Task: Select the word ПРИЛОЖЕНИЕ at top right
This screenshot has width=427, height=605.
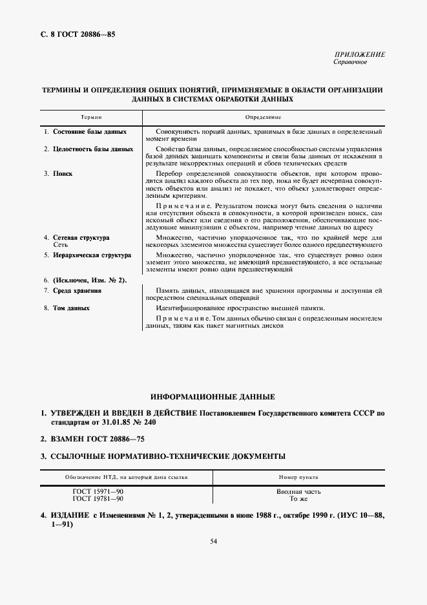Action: tap(360, 55)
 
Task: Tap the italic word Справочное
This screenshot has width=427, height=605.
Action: tap(350, 63)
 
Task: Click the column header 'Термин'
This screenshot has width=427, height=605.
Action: tap(91, 118)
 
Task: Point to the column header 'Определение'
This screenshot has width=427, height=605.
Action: tap(263, 118)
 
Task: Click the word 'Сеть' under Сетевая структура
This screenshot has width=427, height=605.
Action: tap(60, 246)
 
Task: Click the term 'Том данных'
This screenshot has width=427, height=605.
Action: tap(71, 308)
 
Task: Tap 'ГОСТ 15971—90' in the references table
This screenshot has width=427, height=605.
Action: tap(98, 492)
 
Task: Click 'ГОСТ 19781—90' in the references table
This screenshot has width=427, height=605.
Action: tap(98, 500)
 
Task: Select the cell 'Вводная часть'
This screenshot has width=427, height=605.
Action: tap(298, 492)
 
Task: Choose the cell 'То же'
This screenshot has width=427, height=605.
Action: tap(298, 500)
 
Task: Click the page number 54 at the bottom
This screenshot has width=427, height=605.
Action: tap(213, 541)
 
